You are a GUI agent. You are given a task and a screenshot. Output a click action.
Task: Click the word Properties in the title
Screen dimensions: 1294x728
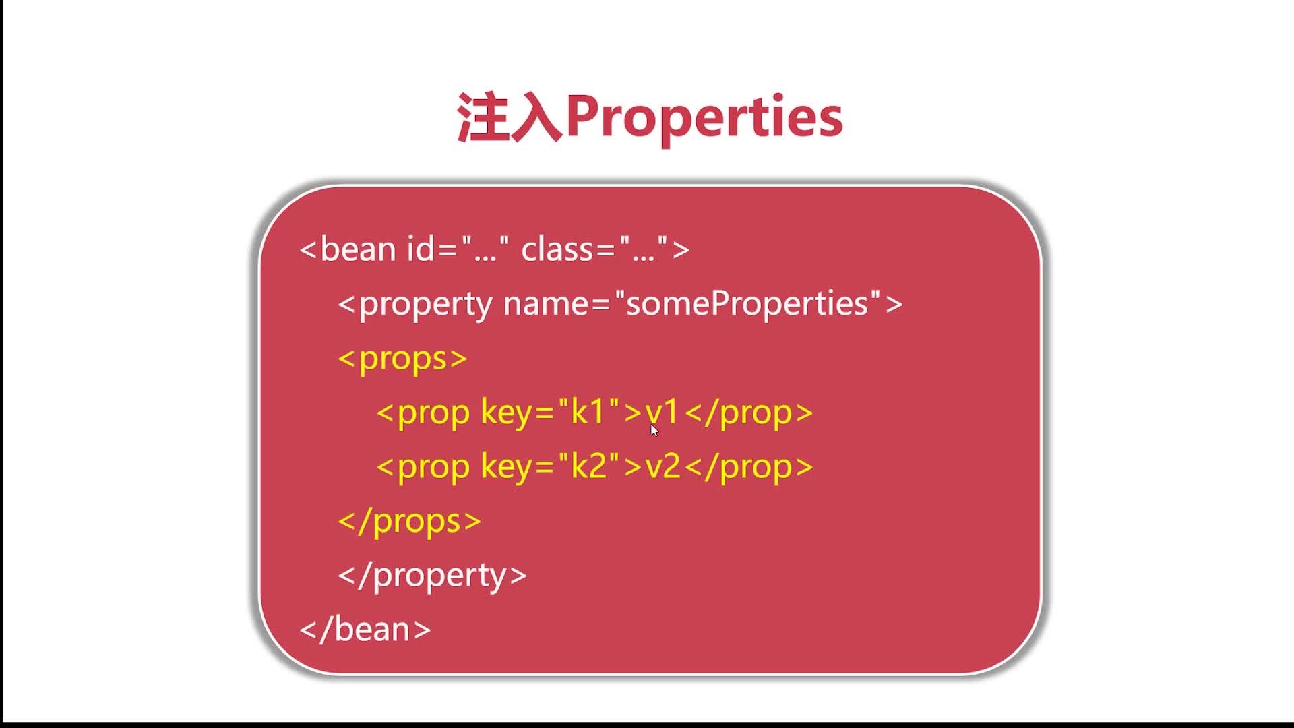coord(704,118)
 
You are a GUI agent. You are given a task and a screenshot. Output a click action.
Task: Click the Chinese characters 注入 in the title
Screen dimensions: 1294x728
coord(510,118)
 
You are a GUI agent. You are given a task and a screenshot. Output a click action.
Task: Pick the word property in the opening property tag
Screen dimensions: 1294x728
coord(425,305)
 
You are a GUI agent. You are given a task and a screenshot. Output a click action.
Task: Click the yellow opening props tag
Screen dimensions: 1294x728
coord(402,359)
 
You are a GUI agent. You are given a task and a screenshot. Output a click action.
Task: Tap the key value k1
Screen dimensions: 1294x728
coord(588,412)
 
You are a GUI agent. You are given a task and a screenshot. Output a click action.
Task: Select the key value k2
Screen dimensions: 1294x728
coord(588,466)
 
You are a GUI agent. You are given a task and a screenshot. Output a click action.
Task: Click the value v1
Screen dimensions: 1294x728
coord(663,413)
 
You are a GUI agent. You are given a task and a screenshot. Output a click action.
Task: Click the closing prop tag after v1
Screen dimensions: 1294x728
coord(749,413)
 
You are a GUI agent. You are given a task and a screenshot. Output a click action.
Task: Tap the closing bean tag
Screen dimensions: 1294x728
coord(365,630)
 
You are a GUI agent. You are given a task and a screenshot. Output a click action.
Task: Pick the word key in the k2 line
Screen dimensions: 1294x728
coord(507,467)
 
